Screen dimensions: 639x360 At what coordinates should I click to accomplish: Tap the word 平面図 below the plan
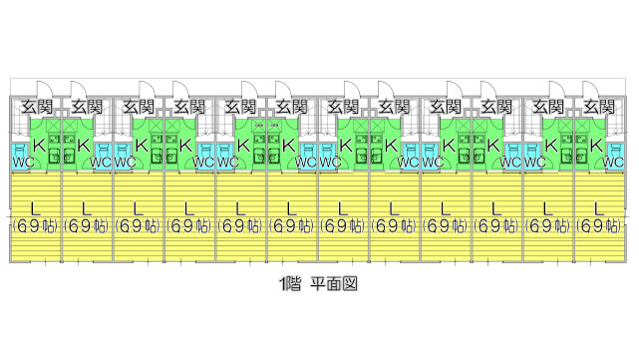[x=333, y=283]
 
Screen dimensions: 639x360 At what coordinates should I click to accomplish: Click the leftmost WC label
[x=23, y=160]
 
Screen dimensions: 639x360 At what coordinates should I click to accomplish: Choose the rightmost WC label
[x=615, y=160]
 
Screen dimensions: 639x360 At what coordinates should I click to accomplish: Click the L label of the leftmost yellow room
[x=36, y=208]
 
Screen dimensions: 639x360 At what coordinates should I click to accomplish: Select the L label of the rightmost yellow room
[x=599, y=208]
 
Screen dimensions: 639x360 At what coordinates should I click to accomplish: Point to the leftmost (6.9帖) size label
[x=36, y=226]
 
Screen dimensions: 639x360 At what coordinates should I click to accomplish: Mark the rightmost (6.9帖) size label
[x=599, y=226]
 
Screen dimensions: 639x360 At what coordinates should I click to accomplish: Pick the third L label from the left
[x=139, y=208]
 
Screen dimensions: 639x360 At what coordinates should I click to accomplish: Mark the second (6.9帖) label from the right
[x=548, y=226]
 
